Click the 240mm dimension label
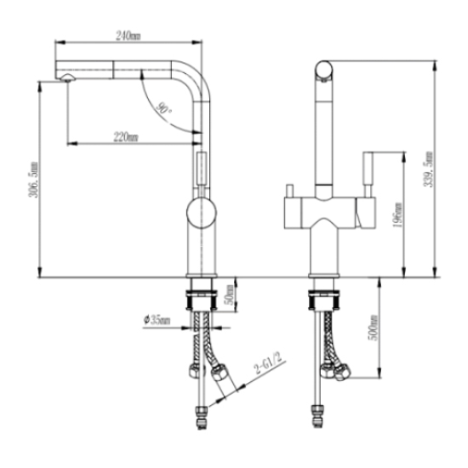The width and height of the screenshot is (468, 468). coord(128,36)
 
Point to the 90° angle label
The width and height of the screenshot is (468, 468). coord(163,108)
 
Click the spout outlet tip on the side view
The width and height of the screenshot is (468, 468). coord(63,80)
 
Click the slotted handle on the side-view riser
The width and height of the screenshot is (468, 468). coord(202,166)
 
